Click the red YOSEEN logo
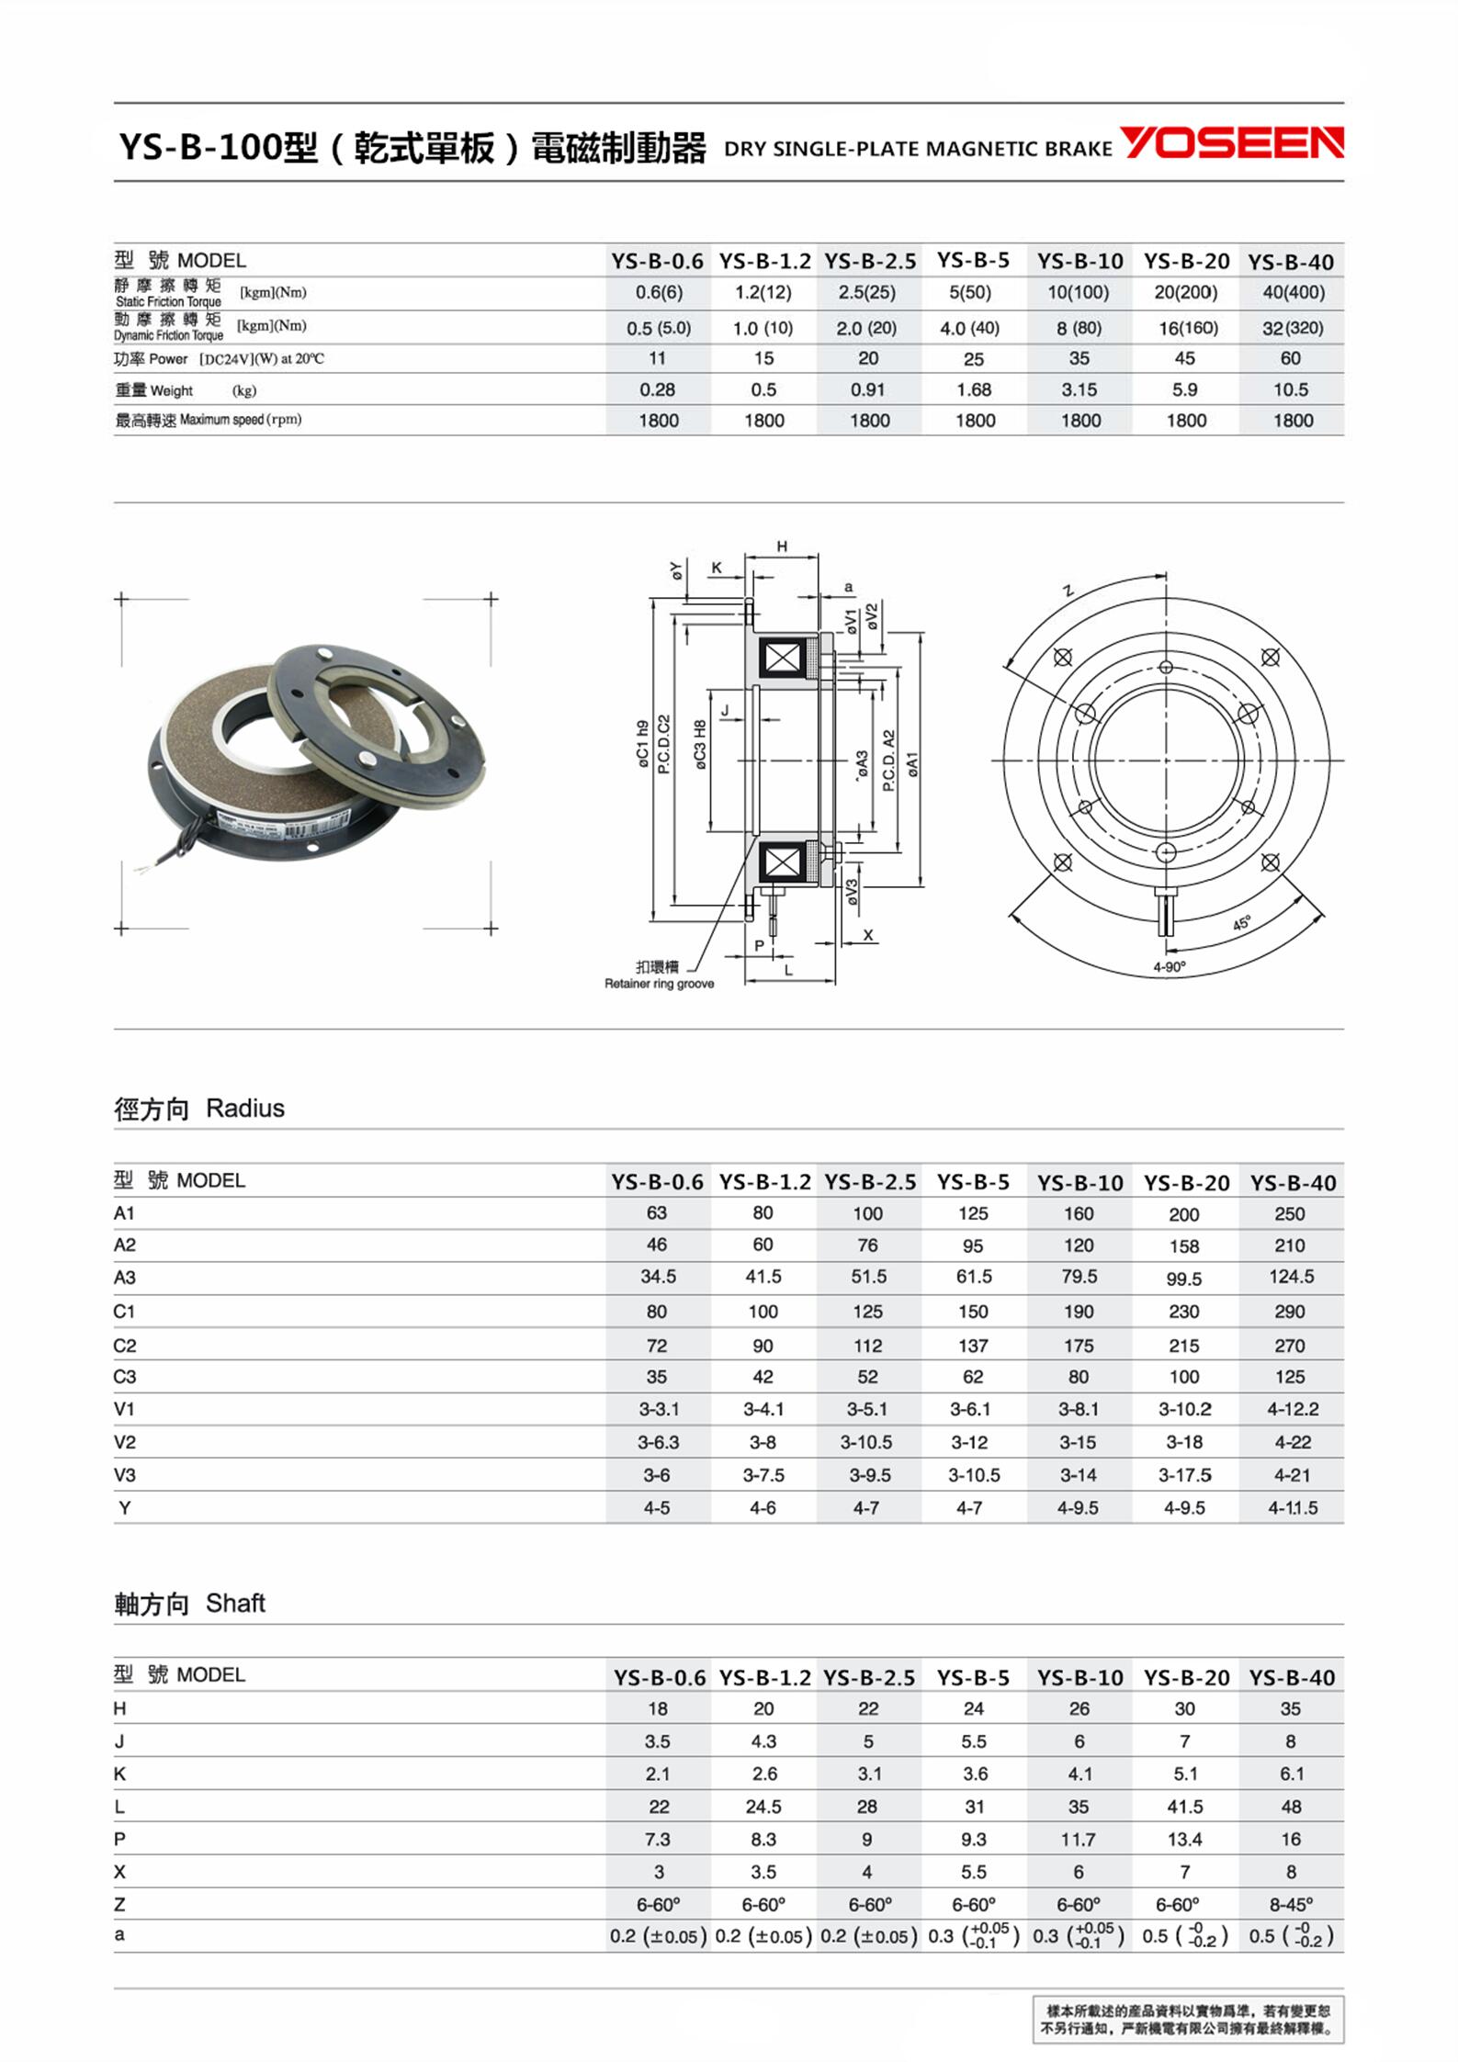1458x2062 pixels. coord(1231,143)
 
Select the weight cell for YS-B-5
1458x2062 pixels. coord(974,390)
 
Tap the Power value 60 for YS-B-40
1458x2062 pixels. coord(1290,358)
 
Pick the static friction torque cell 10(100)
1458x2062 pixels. coord(1079,293)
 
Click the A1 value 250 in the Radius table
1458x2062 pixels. coord(1289,1214)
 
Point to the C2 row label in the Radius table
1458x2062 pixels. coord(125,1346)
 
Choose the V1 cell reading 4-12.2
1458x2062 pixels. coord(1292,1409)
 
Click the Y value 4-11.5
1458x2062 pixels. coord(1292,1508)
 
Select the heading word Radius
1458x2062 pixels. coord(245,1109)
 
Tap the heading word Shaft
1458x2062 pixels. coord(235,1604)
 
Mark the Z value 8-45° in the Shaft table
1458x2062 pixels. coord(1291,1904)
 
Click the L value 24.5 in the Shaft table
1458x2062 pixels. coord(763,1807)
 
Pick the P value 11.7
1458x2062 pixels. coord(1079,1840)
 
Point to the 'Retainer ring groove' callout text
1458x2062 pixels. coord(659,984)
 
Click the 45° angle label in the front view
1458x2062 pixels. coord(1241,923)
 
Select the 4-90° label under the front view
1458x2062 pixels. coord(1170,967)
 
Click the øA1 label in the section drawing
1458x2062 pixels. coord(913,765)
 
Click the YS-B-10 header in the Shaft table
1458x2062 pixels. coord(1079,1678)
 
